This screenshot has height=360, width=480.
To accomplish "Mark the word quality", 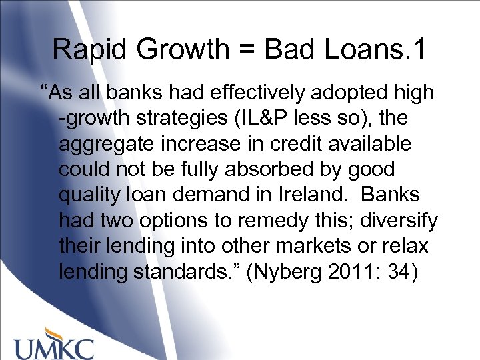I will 93,195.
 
